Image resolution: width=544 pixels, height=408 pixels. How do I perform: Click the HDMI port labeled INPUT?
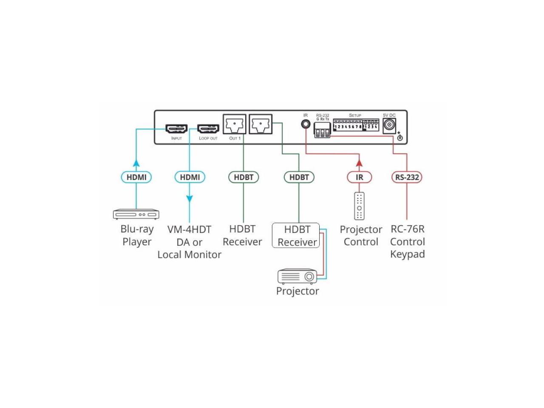point(176,128)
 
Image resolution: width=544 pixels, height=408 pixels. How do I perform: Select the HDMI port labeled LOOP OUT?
point(208,128)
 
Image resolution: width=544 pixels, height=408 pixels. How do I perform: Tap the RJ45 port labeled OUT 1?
point(235,125)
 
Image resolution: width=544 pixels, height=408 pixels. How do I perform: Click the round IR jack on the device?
point(306,124)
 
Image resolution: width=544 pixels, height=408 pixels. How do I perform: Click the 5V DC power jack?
point(389,125)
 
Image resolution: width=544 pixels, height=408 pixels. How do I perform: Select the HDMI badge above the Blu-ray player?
point(136,177)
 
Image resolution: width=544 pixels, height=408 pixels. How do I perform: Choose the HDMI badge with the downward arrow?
point(190,177)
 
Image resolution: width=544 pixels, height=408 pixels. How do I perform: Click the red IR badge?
point(359,177)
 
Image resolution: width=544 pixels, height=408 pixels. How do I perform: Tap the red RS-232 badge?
point(407,177)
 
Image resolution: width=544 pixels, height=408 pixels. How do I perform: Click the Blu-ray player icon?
point(136,214)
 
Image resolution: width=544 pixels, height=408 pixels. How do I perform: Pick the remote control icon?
point(359,206)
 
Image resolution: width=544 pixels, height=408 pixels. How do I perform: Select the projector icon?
point(297,276)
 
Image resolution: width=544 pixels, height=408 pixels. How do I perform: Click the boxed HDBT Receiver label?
point(297,235)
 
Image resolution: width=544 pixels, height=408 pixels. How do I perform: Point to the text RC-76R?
point(407,229)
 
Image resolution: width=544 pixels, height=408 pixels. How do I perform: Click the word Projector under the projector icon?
point(297,291)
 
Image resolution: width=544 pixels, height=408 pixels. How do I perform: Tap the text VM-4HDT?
point(189,229)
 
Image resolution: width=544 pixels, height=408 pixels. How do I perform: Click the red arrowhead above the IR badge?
point(359,162)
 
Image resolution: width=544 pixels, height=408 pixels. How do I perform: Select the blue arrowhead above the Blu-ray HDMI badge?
point(136,163)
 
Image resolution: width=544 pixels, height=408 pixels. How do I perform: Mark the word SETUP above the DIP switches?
point(355,115)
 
